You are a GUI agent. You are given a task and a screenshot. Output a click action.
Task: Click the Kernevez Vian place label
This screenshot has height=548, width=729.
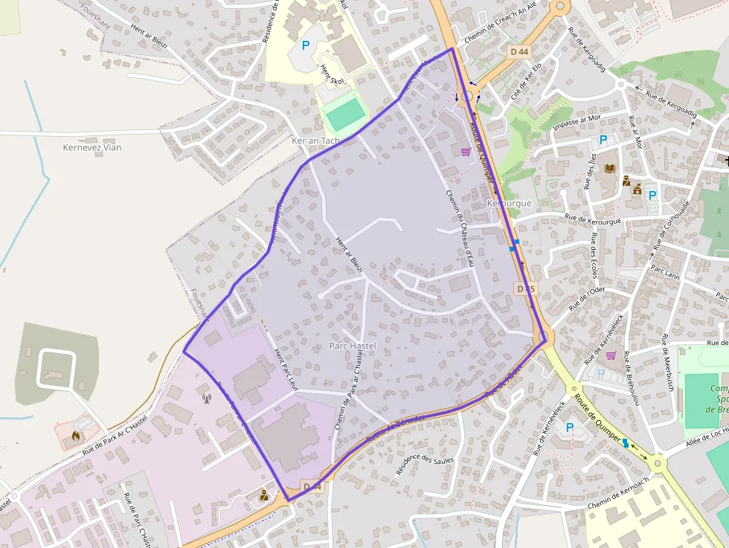(x=91, y=147)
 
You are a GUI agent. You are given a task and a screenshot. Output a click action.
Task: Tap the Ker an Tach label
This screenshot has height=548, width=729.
(x=315, y=141)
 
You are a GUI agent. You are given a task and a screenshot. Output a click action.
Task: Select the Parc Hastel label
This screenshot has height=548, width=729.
(x=353, y=346)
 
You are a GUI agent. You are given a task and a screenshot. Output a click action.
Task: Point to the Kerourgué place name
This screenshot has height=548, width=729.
(x=509, y=203)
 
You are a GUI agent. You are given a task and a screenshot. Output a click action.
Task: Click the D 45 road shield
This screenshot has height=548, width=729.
(x=525, y=288)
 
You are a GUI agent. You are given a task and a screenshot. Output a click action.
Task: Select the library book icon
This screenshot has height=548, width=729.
(x=610, y=170)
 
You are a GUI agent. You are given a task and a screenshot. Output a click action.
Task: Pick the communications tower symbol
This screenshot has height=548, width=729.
(x=206, y=397)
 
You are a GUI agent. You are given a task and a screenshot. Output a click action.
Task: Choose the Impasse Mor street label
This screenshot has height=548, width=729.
(x=577, y=123)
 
